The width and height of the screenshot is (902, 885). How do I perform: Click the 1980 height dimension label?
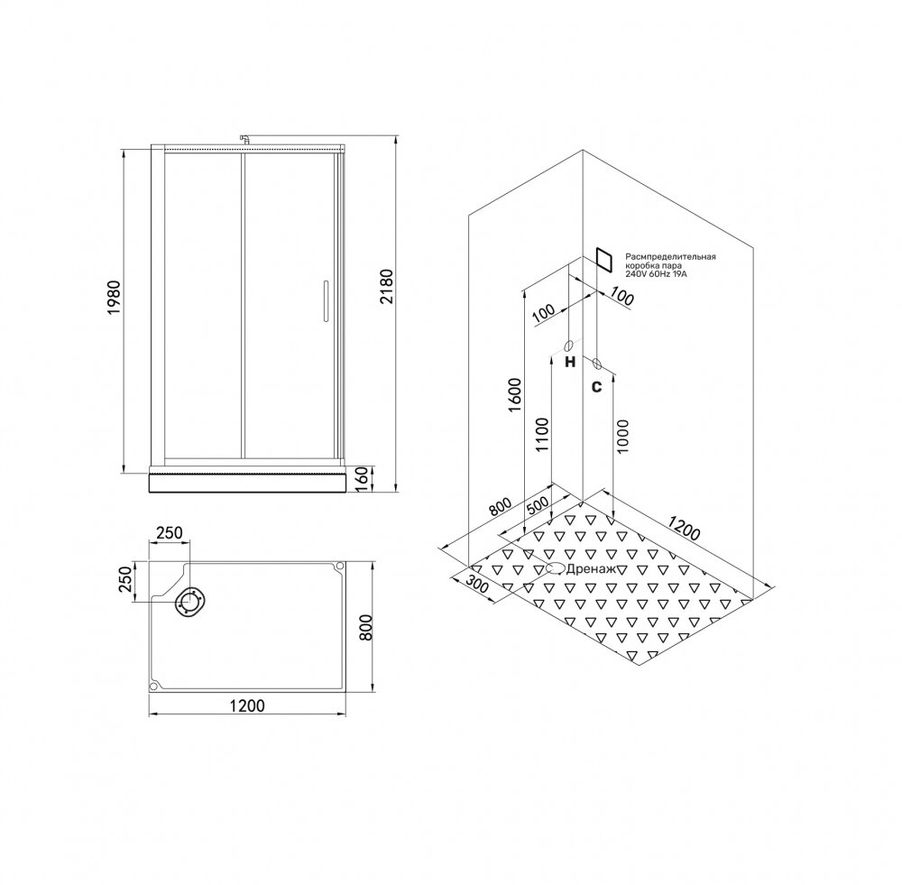click(115, 297)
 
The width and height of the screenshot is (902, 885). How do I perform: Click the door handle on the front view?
click(325, 300)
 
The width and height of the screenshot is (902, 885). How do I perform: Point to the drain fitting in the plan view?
click(190, 603)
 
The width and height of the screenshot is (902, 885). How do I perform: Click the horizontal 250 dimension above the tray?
click(169, 533)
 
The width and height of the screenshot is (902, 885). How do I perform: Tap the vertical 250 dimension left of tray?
click(125, 581)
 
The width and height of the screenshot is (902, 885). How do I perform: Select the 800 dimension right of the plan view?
click(367, 627)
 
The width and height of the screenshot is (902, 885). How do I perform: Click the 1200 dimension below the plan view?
click(247, 705)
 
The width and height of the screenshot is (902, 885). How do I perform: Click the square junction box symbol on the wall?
click(604, 260)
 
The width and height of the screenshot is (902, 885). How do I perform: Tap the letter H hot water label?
click(569, 362)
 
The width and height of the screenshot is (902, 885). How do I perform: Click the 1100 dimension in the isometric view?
click(542, 435)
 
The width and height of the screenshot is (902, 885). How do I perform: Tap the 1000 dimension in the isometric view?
click(622, 436)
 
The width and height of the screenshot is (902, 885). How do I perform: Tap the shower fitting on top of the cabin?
click(244, 140)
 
